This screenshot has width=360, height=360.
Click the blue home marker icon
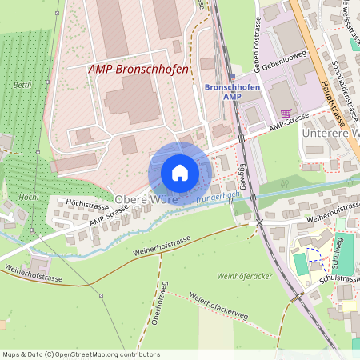(x=180, y=172)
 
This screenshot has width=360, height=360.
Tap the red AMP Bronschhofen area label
(x=138, y=70)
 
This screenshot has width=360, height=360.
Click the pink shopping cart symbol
(x=286, y=114)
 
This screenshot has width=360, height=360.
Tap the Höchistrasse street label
(x=88, y=205)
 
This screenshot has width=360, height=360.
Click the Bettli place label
(x=22, y=84)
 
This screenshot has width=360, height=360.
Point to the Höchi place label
(x=29, y=196)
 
